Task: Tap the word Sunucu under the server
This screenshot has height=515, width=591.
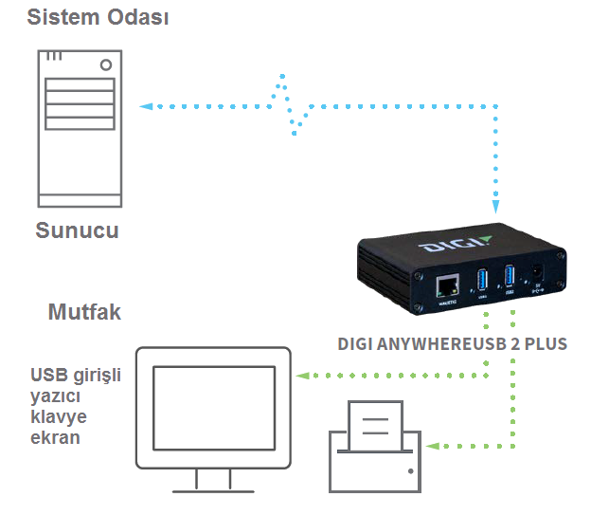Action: (x=77, y=230)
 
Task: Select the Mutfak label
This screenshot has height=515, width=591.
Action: (x=84, y=312)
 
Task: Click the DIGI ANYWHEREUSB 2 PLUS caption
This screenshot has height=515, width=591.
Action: (x=452, y=344)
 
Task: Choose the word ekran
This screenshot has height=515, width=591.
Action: (x=54, y=439)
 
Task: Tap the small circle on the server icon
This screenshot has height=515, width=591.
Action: (x=105, y=64)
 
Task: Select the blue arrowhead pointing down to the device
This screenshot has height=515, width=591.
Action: (x=494, y=209)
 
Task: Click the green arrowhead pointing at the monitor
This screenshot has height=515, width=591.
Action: (x=302, y=377)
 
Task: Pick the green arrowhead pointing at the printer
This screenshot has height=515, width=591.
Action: (x=432, y=445)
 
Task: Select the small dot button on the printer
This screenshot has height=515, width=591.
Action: (x=410, y=470)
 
